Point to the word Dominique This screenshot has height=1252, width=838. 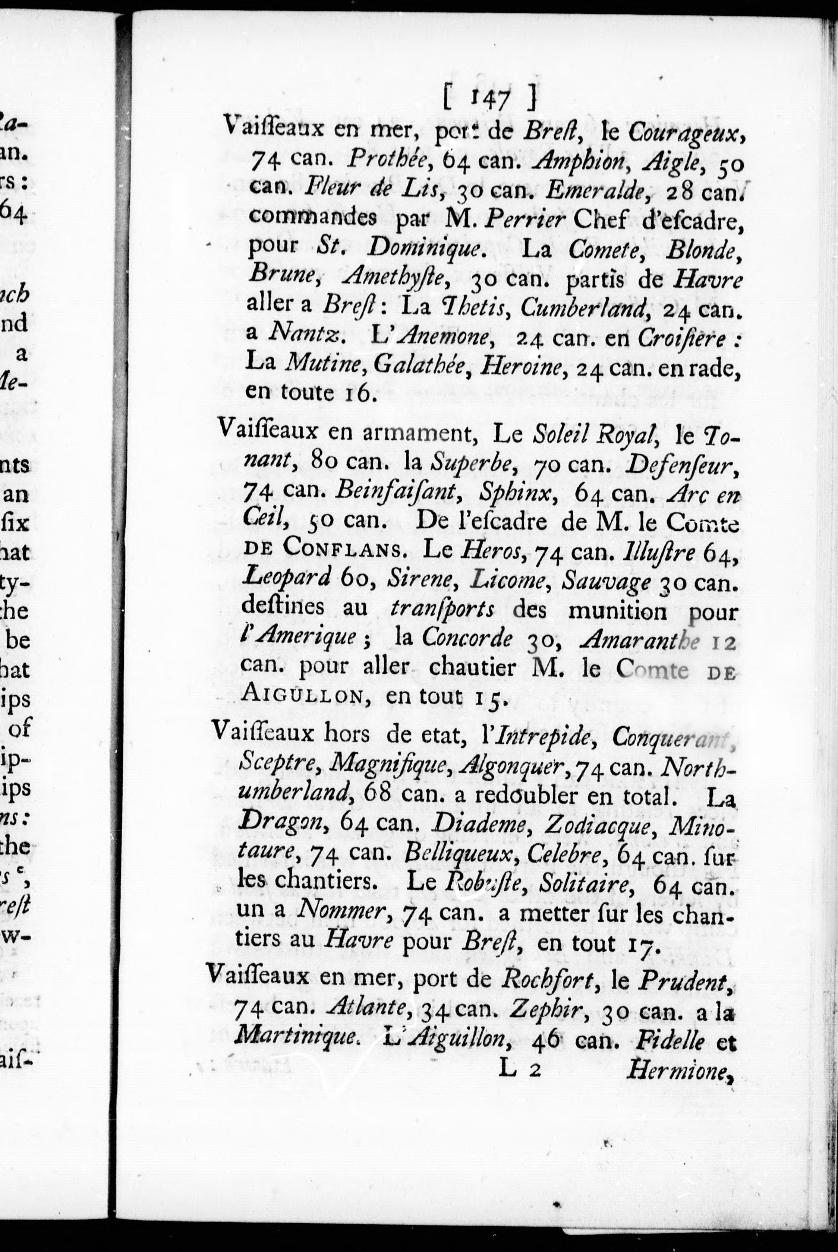pyautogui.click(x=425, y=249)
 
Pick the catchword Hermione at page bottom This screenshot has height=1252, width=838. pyautogui.click(x=677, y=1070)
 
